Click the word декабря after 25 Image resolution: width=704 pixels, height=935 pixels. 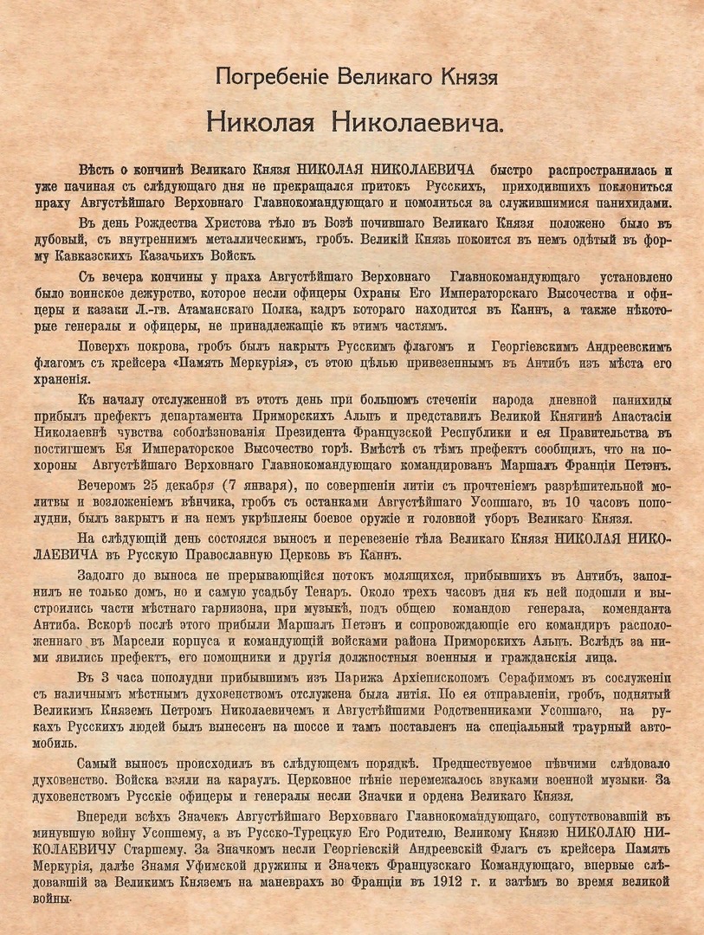tap(185, 487)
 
